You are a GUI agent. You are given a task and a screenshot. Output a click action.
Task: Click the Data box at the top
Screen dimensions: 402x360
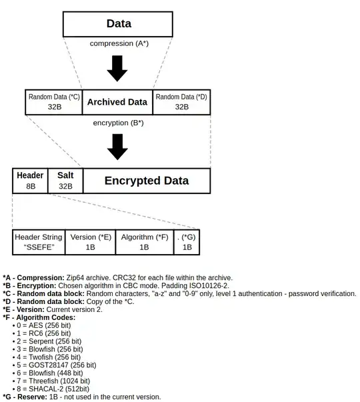click(x=118, y=23)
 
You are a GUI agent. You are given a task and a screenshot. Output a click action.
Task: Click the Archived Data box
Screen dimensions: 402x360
click(x=118, y=102)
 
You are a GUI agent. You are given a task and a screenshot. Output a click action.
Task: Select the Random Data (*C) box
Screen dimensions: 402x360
click(x=53, y=102)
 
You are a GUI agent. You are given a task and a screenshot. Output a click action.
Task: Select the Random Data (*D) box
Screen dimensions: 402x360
click(x=181, y=102)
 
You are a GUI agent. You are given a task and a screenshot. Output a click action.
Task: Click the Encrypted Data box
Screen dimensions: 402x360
click(x=146, y=181)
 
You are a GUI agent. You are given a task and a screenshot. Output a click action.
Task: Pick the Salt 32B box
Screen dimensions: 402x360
click(x=65, y=181)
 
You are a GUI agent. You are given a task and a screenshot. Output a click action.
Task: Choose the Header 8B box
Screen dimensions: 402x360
click(x=30, y=181)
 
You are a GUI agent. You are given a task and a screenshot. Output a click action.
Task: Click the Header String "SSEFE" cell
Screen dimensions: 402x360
click(x=39, y=242)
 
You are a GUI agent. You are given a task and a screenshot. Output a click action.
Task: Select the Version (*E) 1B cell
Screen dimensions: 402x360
click(x=91, y=242)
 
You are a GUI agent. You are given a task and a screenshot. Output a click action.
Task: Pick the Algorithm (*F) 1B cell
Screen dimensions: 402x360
click(x=144, y=242)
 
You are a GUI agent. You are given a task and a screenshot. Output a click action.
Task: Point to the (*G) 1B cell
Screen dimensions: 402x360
click(x=187, y=242)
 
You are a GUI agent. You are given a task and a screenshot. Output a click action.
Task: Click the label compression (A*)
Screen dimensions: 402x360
click(x=118, y=43)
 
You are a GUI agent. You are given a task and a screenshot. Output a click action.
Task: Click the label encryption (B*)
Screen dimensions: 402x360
click(x=118, y=123)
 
